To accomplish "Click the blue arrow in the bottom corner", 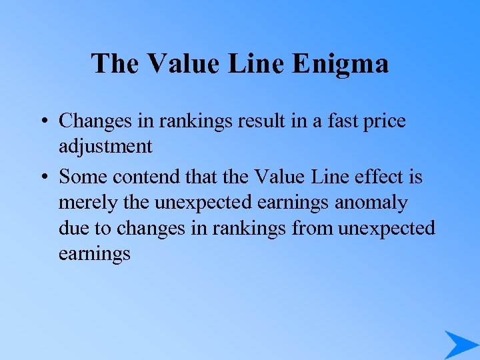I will (x=460, y=344).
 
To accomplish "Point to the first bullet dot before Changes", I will (x=42, y=122).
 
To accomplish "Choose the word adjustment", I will (x=105, y=147).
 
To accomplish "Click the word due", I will (x=73, y=229).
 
